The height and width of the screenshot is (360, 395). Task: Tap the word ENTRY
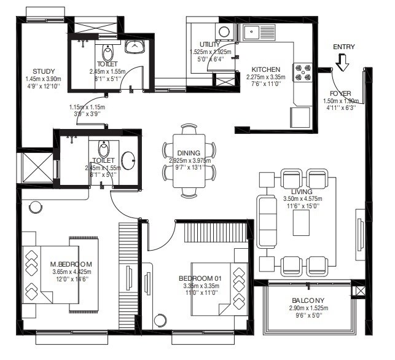(343, 47)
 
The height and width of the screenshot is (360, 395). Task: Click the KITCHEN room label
(265, 69)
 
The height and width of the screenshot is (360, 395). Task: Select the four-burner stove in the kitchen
(304, 73)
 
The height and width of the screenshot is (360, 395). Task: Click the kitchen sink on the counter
(255, 32)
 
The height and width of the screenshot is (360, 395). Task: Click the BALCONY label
(309, 300)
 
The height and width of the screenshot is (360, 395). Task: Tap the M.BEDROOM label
(71, 265)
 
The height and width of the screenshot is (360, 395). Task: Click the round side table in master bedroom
(36, 206)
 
